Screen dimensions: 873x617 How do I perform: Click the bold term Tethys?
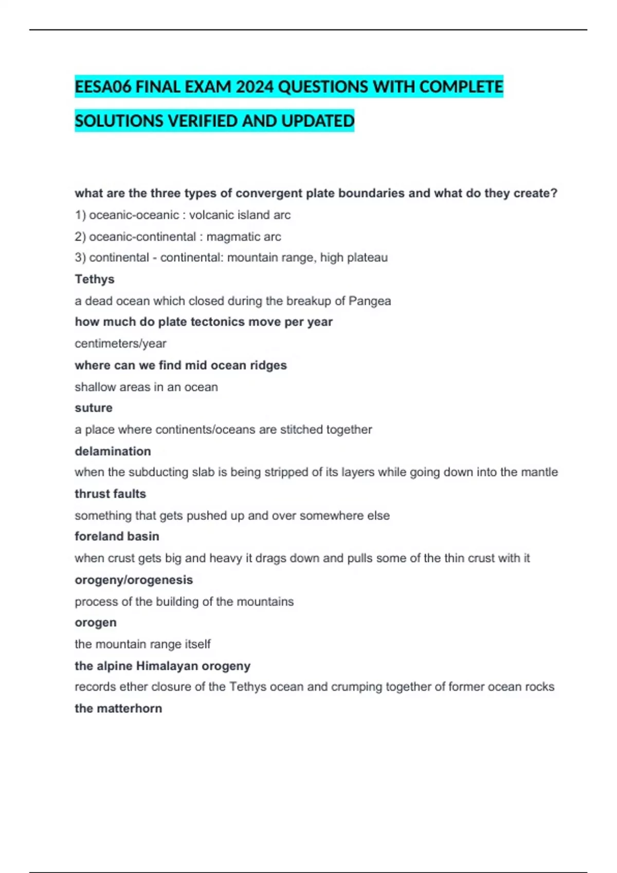tap(95, 279)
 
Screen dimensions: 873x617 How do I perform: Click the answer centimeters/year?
tap(120, 344)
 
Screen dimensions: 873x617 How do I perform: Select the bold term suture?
tap(94, 408)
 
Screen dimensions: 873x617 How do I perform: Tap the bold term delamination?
tap(113, 451)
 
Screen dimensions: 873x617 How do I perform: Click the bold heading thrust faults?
tap(110, 494)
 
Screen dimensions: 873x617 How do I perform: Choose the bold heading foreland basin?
tap(117, 536)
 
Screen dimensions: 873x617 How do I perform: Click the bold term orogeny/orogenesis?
tap(134, 580)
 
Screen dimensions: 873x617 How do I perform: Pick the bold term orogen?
tap(96, 622)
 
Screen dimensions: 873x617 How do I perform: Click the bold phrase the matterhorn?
tap(118, 708)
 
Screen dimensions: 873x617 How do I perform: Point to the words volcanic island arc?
tap(240, 215)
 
